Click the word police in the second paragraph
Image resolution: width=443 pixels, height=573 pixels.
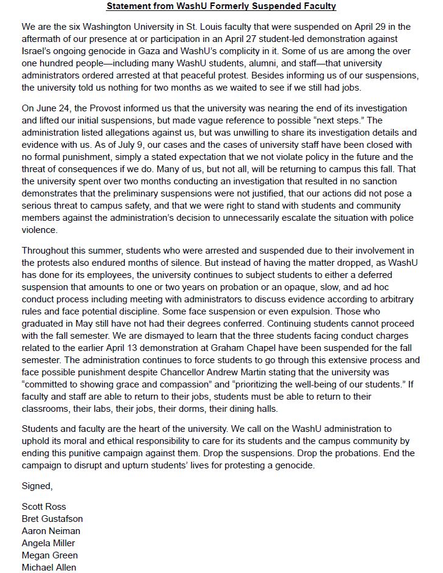401,218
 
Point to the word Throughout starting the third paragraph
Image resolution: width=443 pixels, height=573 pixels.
46,250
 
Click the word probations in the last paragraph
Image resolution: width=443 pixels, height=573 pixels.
355,453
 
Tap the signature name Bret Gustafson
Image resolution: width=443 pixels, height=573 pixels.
52,519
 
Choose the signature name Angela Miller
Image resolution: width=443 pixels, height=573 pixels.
47,543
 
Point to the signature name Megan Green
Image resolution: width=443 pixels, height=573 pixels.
49,555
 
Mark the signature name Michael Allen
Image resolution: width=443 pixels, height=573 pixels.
49,567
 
